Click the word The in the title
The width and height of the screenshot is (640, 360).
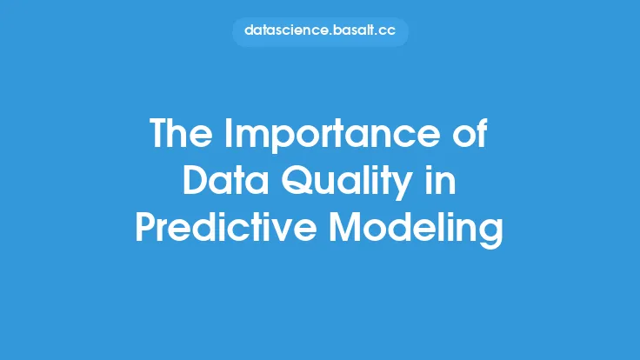pyautogui.click(x=181, y=133)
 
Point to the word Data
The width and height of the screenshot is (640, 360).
pyautogui.click(x=225, y=180)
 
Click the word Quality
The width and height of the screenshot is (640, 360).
pyautogui.click(x=347, y=183)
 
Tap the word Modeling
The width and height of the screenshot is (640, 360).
pyautogui.click(x=417, y=230)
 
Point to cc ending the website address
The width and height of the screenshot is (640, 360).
pyautogui.click(x=387, y=32)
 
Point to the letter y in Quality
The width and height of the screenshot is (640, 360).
pyautogui.click(x=402, y=187)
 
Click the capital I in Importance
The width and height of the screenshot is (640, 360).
pyautogui.click(x=227, y=133)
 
